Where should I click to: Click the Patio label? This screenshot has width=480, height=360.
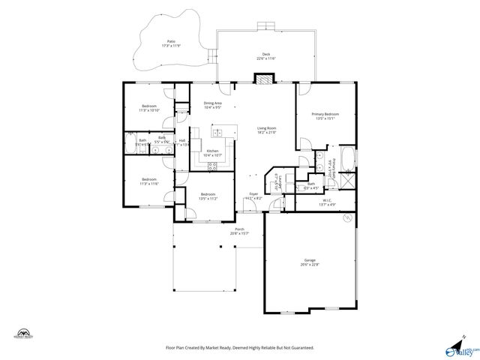coord(172,43)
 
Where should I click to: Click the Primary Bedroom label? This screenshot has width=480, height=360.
coord(330,115)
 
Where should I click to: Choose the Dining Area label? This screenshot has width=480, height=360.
coord(212,105)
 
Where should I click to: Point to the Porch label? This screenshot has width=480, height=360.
coord(239,231)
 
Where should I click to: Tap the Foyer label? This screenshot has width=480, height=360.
coord(253,196)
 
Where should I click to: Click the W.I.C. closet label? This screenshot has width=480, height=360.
coord(328,202)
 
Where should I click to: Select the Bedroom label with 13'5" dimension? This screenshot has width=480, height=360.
coord(208,196)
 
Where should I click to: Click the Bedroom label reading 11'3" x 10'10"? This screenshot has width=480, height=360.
coord(149,108)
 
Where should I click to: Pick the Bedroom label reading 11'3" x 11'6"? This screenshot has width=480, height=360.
coord(149,181)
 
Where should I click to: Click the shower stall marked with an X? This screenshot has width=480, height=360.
coord(347,181)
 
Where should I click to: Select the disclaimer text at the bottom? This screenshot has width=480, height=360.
coord(239,348)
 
